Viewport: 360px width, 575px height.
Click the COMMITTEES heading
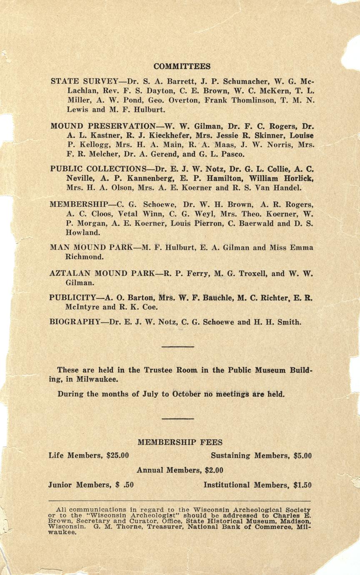coord(182,66)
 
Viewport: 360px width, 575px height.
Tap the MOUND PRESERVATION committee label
coord(102,126)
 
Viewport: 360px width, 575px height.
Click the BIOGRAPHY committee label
coord(75,322)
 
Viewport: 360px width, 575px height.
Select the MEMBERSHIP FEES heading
coord(180,442)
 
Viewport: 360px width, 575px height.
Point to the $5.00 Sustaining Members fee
coord(302,455)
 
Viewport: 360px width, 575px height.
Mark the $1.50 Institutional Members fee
coord(302,485)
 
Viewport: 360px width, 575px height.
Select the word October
coord(186,394)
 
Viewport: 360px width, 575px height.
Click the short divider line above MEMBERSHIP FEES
coord(178,418)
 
